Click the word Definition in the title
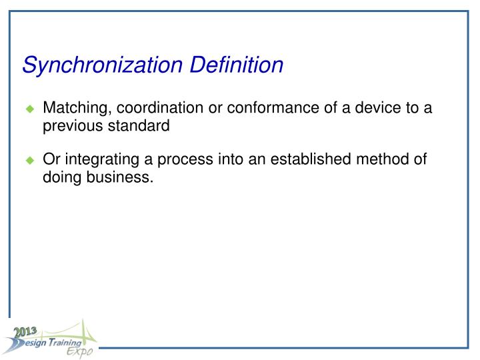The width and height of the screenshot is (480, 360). point(237,65)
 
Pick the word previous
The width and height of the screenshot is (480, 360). point(69,125)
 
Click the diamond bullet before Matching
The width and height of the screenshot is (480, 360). point(29,109)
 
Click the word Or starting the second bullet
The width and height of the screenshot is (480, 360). point(51,161)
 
